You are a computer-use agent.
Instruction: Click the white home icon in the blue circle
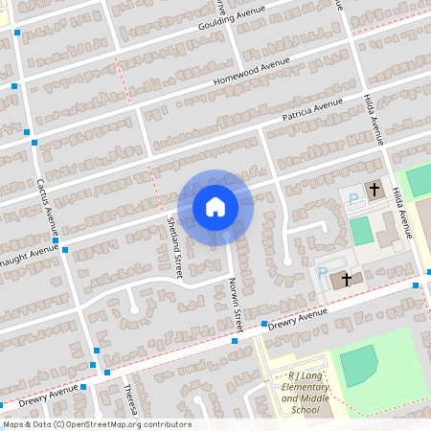(215, 207)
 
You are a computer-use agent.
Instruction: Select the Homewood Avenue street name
(251, 73)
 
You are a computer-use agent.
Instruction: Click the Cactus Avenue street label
(48, 207)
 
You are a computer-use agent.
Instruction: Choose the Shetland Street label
(174, 247)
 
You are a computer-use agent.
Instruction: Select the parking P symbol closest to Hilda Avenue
(353, 198)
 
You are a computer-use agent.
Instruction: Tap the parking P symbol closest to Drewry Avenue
(323, 273)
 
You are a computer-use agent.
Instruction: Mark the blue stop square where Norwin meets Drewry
(235, 340)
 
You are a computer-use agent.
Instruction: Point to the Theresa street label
(129, 395)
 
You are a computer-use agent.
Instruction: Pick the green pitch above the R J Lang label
(358, 366)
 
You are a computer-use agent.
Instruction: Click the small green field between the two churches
(360, 231)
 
